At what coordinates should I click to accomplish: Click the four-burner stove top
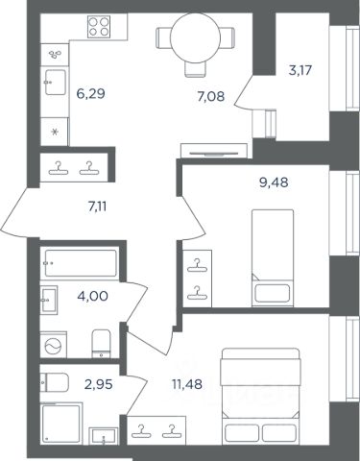coord(99,27)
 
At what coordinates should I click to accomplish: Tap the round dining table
coord(196,38)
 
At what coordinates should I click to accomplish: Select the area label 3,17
coord(300,70)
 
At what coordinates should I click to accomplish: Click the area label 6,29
coord(91,94)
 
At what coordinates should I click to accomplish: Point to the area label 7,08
coord(211,96)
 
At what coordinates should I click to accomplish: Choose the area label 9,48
coord(274,182)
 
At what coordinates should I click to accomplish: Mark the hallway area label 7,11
coord(97,207)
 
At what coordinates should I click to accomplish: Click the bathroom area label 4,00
coord(92,296)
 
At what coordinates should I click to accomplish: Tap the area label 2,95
coord(99,384)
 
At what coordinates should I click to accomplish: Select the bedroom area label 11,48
coord(187,384)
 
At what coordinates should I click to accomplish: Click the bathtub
coord(81,263)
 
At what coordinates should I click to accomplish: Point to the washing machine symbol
coord(53,345)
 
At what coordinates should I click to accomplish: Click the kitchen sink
coord(55,83)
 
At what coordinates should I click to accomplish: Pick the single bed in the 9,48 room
coord(273,258)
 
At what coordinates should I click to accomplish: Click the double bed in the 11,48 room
coord(261,397)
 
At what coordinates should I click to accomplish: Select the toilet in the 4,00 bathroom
coord(101,344)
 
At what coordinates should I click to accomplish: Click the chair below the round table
coord(195,69)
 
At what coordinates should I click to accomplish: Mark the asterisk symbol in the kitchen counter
coord(55,132)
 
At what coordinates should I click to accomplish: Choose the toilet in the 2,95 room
coord(55,382)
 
